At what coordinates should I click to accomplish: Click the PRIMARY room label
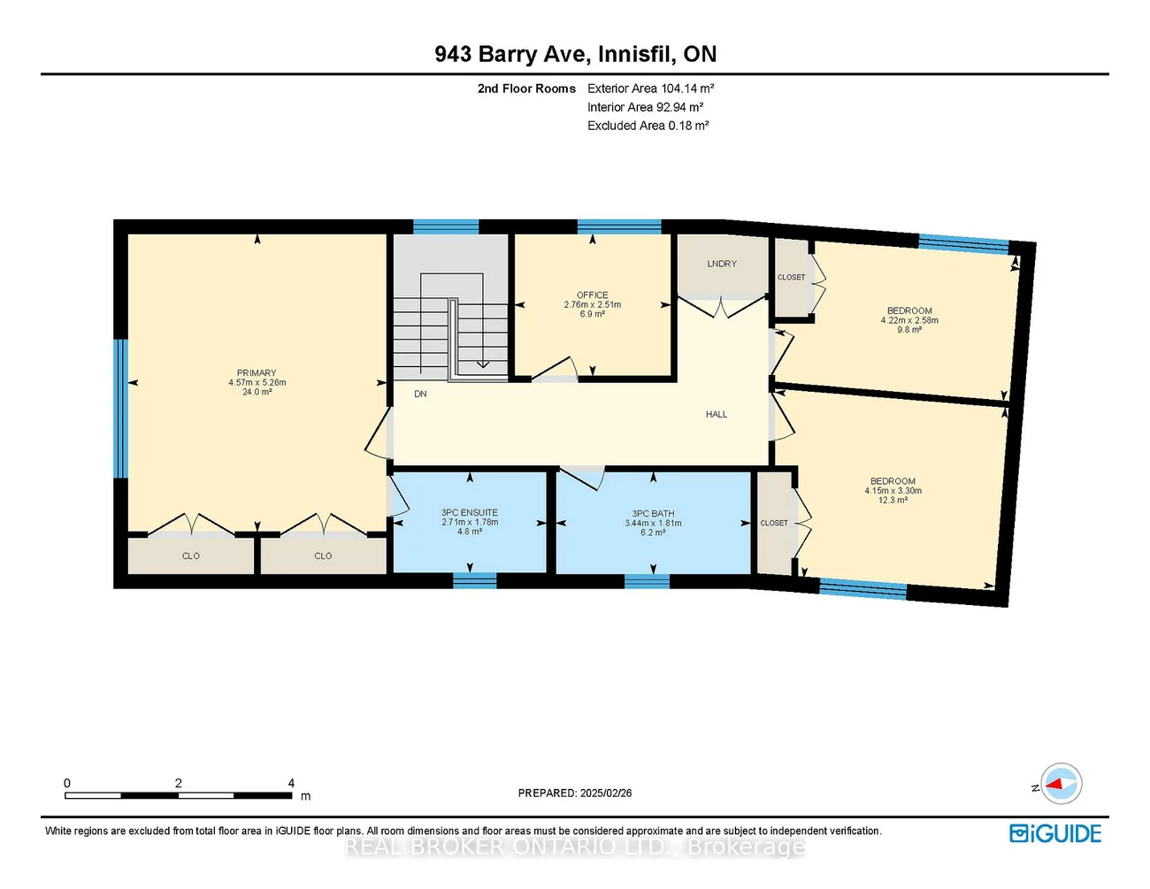[257, 372]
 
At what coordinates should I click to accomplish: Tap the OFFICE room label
[592, 295]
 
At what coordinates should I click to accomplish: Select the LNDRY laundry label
[722, 264]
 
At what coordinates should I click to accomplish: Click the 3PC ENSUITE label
[470, 512]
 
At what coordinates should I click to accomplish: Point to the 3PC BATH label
[653, 513]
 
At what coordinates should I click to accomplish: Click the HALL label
[717, 414]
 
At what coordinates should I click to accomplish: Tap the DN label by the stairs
[420, 394]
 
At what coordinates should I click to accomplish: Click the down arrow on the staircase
[482, 363]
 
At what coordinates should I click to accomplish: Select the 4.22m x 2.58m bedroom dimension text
[909, 320]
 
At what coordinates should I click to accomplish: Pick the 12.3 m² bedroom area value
[893, 500]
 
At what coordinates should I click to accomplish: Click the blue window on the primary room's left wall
[121, 408]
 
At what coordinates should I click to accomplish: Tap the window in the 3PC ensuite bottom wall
[475, 580]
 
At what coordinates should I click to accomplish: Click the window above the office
[619, 226]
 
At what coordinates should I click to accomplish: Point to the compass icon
[1061, 784]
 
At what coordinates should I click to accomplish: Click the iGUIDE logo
[1055, 833]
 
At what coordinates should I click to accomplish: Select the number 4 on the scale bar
[291, 783]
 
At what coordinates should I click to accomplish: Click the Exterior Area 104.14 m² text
[650, 88]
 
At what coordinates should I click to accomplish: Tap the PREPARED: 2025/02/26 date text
[575, 793]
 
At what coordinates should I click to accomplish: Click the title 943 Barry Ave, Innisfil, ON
[575, 54]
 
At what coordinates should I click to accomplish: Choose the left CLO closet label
[191, 556]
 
